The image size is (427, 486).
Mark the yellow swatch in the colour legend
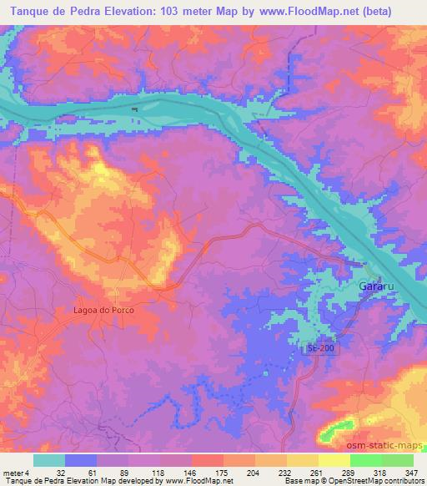334,461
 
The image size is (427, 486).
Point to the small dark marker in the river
133,109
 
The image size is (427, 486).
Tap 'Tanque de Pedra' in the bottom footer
33,481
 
